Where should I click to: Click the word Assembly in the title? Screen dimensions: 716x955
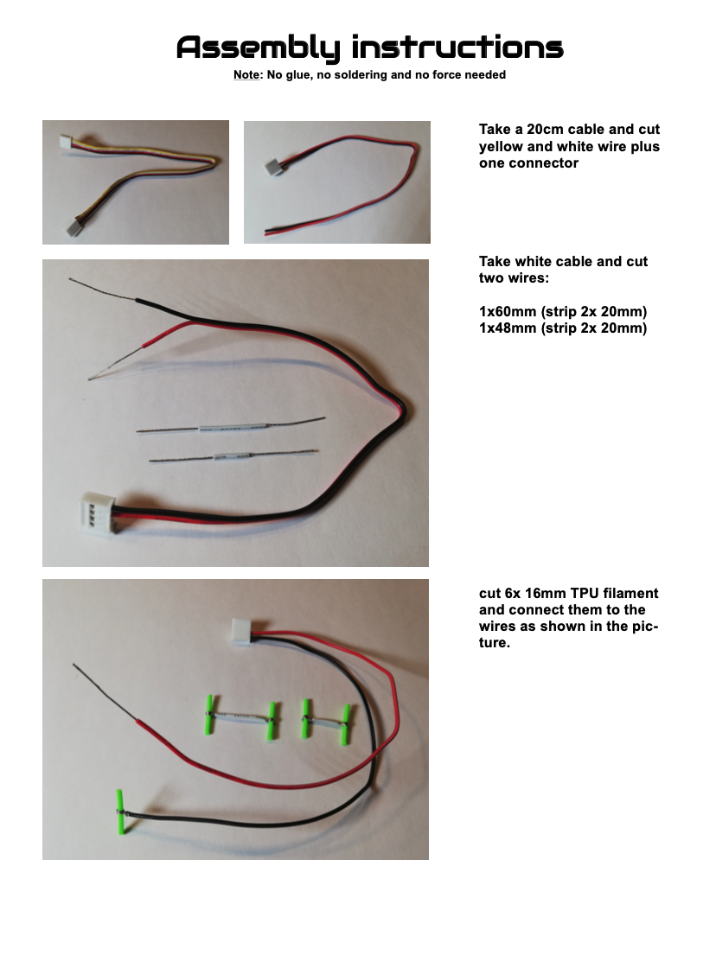pos(258,48)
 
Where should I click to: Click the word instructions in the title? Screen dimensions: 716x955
pos(457,47)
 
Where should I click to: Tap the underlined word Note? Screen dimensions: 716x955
pos(246,75)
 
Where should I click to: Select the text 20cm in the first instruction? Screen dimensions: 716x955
pos(547,129)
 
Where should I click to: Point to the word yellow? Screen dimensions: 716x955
pos(500,147)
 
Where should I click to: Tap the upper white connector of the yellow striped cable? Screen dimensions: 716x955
pos(66,142)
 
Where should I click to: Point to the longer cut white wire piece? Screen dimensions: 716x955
pos(230,425)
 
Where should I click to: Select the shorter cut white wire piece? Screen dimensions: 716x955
pos(233,455)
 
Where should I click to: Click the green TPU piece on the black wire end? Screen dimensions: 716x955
pos(121,812)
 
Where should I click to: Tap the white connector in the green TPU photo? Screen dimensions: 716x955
pos(245,632)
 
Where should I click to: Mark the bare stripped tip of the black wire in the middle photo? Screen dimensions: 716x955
pos(102,290)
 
